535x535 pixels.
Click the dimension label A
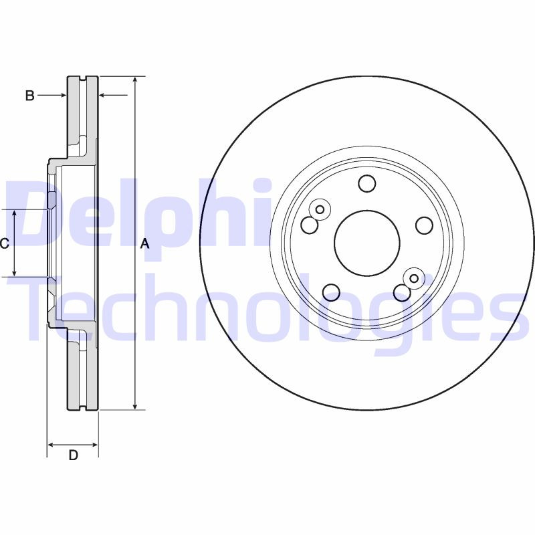tap(144, 245)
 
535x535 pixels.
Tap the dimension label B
tap(29, 96)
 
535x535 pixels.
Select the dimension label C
tap(4, 243)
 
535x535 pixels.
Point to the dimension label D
tap(74, 455)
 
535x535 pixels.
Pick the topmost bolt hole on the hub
tap(366, 183)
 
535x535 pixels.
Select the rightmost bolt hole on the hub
tap(424, 225)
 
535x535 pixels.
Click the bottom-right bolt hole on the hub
tap(402, 292)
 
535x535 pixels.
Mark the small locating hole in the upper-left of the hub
tap(320, 210)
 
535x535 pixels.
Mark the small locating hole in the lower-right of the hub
tap(413, 278)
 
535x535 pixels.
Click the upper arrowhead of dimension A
tap(136, 80)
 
